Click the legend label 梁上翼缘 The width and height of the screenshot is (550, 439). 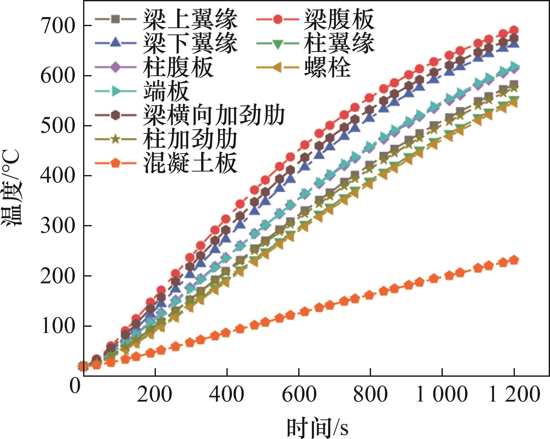coord(190,19)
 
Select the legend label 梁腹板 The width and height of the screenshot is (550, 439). coord(339,19)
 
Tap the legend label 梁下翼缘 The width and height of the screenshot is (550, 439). coord(190,43)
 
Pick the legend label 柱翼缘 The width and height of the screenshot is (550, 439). coord(339,43)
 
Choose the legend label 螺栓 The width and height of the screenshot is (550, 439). coord(327,67)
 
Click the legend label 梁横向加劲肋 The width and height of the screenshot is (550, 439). coord(214,115)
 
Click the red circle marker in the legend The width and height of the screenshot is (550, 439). coord(278,19)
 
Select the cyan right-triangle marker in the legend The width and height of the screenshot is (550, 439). coord(115,91)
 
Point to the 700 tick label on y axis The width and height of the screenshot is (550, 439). coord(58,26)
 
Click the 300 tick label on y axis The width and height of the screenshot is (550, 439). coord(58,226)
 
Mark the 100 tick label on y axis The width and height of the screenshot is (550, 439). coord(58,326)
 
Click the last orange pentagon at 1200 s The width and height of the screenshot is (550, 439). coord(514,260)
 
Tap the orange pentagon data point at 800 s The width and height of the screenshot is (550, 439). coord(370,295)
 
